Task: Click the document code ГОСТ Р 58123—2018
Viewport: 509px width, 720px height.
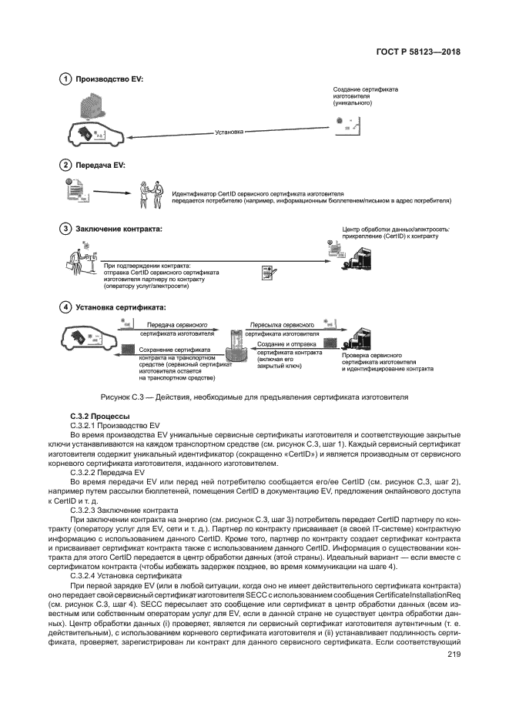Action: pyautogui.click(x=417, y=52)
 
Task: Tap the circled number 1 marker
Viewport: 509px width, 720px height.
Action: pyautogui.click(x=66, y=79)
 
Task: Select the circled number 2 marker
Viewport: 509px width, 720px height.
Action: pyautogui.click(x=66, y=165)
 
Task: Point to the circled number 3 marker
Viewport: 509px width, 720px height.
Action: pyautogui.click(x=66, y=228)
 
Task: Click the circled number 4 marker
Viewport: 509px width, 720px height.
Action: pyautogui.click(x=66, y=306)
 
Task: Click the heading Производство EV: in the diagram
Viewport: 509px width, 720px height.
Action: pyautogui.click(x=109, y=79)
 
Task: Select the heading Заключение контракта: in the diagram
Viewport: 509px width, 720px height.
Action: pyautogui.click(x=119, y=228)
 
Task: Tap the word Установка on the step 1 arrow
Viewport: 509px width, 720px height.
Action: pyautogui.click(x=229, y=132)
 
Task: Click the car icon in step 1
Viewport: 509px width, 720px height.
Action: pyautogui.click(x=95, y=132)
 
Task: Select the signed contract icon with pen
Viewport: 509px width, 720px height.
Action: pyautogui.click(x=269, y=273)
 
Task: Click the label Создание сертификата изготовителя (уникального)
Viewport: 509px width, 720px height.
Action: pyautogui.click(x=365, y=96)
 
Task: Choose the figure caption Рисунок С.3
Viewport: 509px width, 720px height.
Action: pyautogui.click(x=254, y=397)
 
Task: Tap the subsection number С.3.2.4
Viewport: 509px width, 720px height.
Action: pyautogui.click(x=83, y=575)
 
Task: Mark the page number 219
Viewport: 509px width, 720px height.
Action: pyautogui.click(x=454, y=655)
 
